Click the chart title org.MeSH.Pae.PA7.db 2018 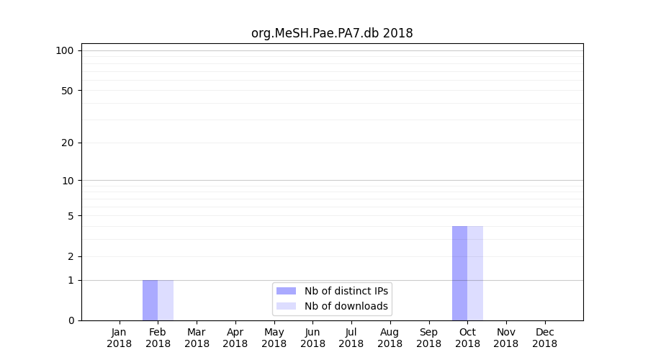(x=332, y=33)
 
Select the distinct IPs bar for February (x=150, y=300)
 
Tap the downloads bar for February (x=166, y=300)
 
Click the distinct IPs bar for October (x=459, y=274)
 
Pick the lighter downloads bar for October (x=475, y=274)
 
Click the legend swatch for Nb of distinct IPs (x=286, y=291)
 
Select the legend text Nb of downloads (x=346, y=306)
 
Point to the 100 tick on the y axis (x=65, y=50)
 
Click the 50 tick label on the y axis (x=68, y=91)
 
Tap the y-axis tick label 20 (x=68, y=143)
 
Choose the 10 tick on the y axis (x=68, y=181)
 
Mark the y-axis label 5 (x=71, y=216)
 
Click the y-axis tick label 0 (x=71, y=320)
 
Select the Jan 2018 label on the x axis (x=120, y=338)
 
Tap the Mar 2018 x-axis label (x=197, y=338)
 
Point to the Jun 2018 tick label (x=312, y=338)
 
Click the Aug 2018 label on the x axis (x=390, y=338)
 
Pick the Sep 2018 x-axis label (x=428, y=338)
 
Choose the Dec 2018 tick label (x=545, y=338)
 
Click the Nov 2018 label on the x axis (x=506, y=338)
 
